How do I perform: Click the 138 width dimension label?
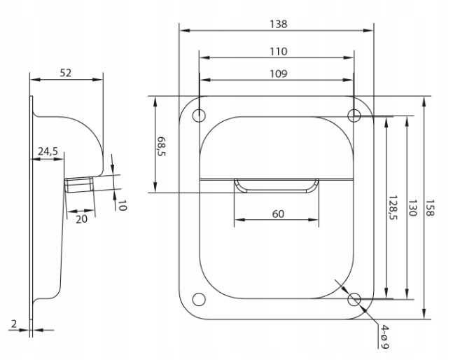coord(278,25)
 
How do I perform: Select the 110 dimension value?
coord(278,52)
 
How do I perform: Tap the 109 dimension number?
coord(278,74)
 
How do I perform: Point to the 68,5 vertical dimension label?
coord(161,146)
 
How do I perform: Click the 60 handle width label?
coord(278,214)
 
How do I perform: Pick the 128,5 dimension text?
coord(393,207)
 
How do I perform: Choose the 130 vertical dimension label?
coord(412,208)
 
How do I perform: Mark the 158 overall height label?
coord(430,208)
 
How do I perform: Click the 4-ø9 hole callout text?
coord(384,336)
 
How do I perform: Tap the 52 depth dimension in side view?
coord(65,73)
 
